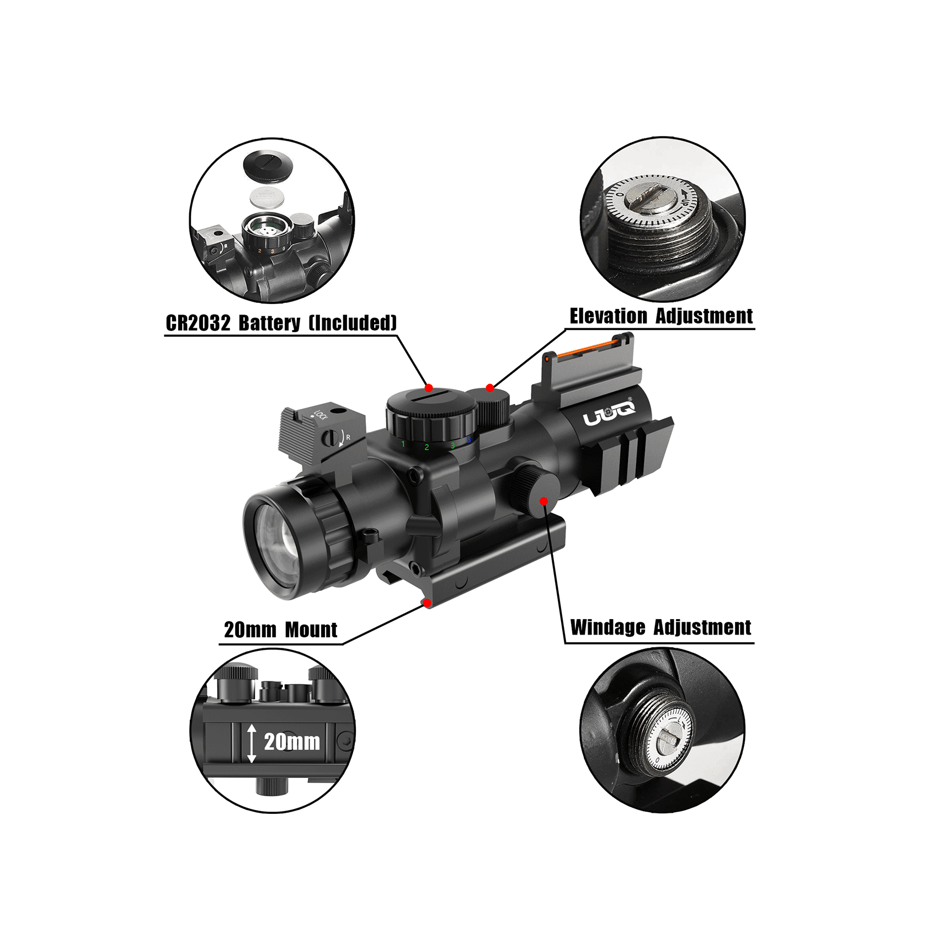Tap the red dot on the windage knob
click(x=544, y=501)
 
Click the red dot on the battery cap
click(x=429, y=388)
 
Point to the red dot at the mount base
click(x=427, y=603)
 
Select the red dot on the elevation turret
click(x=489, y=388)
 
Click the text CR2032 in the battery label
click(x=198, y=323)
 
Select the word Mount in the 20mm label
click(x=311, y=630)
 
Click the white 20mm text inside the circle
click(x=292, y=742)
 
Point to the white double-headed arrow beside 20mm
click(x=252, y=743)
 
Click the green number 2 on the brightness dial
click(x=427, y=447)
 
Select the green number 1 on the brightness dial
click(x=403, y=444)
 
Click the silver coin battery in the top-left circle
click(x=267, y=196)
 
